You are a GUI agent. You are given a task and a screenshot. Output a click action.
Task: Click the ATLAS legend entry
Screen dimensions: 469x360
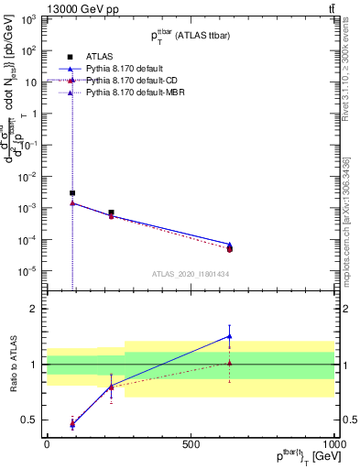tap(99, 56)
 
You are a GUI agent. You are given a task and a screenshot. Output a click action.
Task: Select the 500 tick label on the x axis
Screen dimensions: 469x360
tap(191, 444)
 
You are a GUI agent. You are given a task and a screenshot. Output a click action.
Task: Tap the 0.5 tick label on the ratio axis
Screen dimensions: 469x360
tap(29, 420)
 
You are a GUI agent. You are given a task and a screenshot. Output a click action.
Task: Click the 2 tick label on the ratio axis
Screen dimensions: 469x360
tap(33, 310)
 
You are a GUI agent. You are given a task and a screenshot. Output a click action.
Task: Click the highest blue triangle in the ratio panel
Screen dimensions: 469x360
tap(229, 336)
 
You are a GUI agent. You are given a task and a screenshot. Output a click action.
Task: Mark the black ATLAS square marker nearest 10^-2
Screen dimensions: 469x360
tap(72, 193)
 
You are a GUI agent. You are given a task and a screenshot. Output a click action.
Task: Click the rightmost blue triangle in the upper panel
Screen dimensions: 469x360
tap(229, 245)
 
